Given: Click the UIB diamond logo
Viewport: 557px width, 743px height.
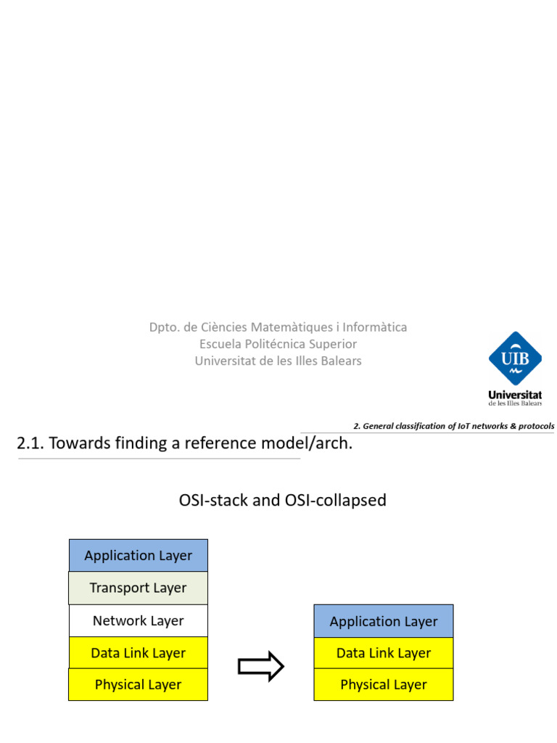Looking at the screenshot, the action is pos(515,358).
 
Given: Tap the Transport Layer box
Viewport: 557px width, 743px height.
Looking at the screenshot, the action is pos(138,588).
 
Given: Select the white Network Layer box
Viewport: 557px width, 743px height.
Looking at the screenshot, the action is pos(138,620).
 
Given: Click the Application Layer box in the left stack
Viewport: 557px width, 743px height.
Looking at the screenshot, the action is pos(138,555).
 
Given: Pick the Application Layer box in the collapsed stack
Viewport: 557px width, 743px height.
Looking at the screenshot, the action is pos(384,621).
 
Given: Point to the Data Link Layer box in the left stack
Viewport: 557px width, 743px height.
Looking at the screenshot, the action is pos(138,653).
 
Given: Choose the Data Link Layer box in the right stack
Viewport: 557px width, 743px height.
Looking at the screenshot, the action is pos(384,653).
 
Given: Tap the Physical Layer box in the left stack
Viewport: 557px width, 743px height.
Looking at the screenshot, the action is pos(138,684).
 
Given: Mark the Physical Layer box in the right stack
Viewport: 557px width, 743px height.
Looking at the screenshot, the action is pos(384,684).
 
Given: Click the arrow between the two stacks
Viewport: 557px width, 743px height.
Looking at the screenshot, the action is pos(260,666).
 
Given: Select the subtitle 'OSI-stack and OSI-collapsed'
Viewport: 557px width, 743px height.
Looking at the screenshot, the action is pos(282,500).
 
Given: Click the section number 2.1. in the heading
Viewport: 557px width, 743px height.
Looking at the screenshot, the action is pos(30,443).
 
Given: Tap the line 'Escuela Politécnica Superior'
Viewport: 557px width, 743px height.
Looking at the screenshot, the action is pos(278,344).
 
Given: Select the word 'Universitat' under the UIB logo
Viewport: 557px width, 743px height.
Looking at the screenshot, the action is pos(515,395).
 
